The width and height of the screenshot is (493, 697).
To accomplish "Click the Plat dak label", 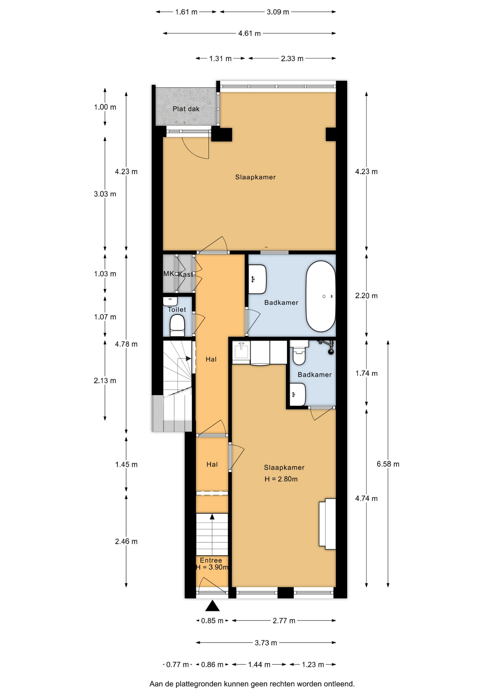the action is coord(186,109).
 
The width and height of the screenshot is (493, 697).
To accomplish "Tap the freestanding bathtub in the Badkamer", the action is coord(321,296).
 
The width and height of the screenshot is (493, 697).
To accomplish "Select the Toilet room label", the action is coord(177,309).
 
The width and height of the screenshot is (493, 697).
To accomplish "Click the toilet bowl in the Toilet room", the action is coord(177,325).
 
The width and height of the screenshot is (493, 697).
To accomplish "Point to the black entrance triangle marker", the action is coord(212,606).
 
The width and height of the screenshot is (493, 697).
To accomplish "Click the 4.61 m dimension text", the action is coord(249,33).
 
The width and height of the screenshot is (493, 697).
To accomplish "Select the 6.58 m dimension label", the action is coord(388,464).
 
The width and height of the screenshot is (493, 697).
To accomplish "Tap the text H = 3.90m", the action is coord(212,567).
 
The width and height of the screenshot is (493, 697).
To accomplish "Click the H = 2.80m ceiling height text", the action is coord(281,479).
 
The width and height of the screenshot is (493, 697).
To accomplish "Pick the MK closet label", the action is coord(168,274).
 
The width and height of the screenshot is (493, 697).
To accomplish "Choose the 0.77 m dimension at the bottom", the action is coord(178,664).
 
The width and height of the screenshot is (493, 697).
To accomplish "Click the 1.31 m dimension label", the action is coord(220,58).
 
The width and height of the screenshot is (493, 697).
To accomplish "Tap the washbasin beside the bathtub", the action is coord(257,279).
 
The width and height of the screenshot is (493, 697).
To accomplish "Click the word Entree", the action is coord(211,560).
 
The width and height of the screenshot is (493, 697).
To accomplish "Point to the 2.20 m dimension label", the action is coord(366,296).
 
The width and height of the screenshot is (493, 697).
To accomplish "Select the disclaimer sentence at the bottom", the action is coord(252,684).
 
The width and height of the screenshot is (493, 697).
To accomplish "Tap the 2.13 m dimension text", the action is coord(105,380).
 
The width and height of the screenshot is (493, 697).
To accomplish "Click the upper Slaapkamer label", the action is coord(256,177).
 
